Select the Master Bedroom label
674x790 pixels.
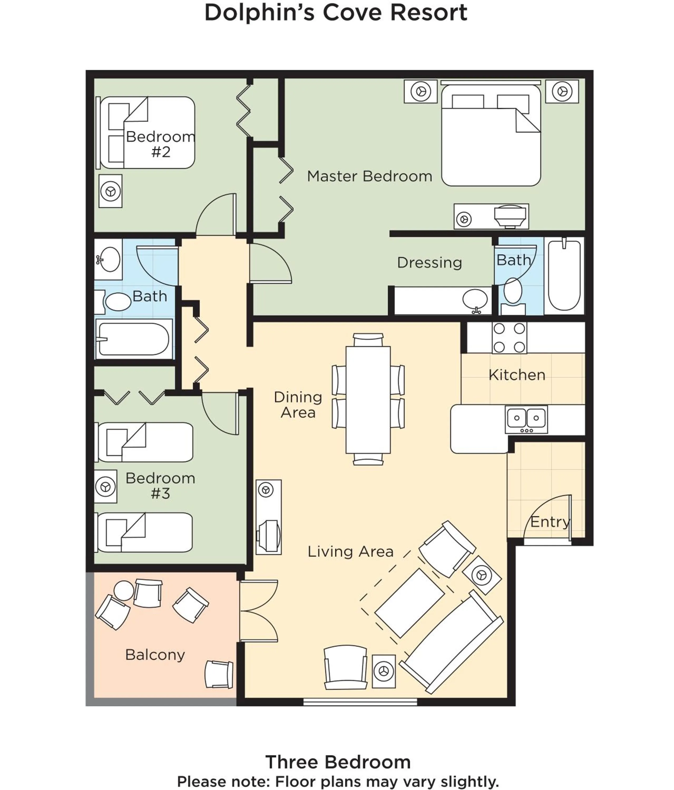369,176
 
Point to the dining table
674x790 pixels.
368,399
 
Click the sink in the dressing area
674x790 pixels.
475,299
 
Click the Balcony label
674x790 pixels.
155,655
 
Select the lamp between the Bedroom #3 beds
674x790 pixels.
106,487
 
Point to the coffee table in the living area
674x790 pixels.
409,603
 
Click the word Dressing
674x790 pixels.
429,263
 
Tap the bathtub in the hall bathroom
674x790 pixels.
134,339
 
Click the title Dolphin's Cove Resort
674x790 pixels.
336,13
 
